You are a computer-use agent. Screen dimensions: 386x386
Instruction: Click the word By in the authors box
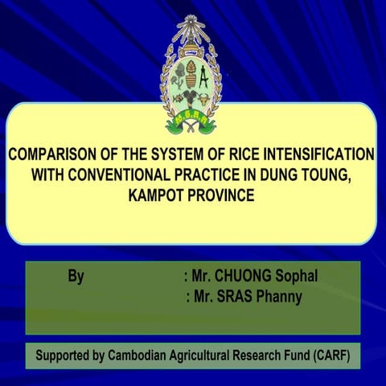[x=76, y=277]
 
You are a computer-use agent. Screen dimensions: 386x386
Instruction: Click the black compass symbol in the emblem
[x=203, y=78]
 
